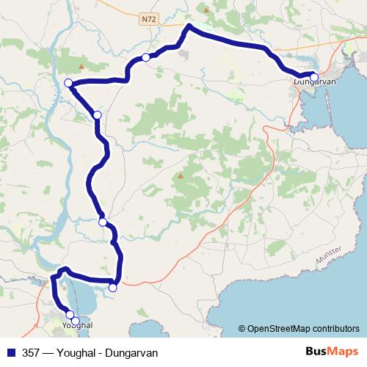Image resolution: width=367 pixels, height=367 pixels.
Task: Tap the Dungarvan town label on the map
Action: pyautogui.click(x=314, y=82)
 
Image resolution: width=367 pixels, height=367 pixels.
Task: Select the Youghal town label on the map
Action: pyautogui.click(x=77, y=324)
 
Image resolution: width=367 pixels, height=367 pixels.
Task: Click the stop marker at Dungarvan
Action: pyautogui.click(x=314, y=76)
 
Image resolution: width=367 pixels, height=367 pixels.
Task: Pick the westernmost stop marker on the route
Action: pyautogui.click(x=68, y=83)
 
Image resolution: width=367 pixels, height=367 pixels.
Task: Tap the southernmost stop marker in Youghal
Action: pyautogui.click(x=75, y=321)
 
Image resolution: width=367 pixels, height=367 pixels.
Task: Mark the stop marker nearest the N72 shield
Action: pyautogui.click(x=146, y=57)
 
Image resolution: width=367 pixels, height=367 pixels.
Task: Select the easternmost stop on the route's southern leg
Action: pyautogui.click(x=112, y=288)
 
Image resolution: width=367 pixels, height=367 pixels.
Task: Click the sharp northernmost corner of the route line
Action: pyautogui.click(x=189, y=26)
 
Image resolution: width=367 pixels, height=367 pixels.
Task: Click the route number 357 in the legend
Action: pyautogui.click(x=32, y=352)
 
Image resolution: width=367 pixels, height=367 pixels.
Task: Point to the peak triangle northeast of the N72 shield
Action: pyautogui.click(x=206, y=10)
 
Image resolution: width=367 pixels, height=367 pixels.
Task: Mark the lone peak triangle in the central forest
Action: pyautogui.click(x=180, y=176)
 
